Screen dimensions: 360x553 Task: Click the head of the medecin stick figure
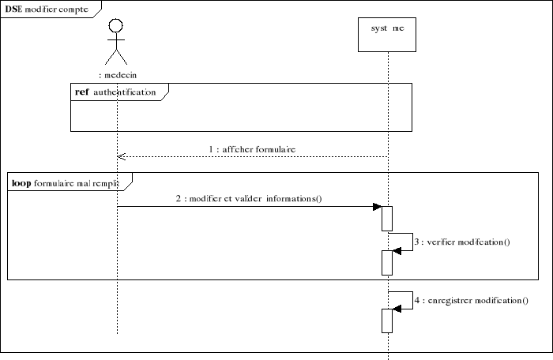click(116, 24)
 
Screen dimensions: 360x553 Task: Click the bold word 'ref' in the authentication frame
click(81, 92)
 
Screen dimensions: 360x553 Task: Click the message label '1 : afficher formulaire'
click(252, 148)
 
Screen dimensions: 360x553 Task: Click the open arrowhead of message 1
click(121, 156)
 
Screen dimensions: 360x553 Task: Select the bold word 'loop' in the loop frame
click(21, 182)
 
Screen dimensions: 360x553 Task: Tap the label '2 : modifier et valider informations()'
click(249, 199)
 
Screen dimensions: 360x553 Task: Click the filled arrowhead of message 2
click(378, 207)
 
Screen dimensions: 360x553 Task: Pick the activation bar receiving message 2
click(387, 218)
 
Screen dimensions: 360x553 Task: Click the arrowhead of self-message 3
click(397, 249)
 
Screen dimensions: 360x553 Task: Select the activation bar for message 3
click(387, 261)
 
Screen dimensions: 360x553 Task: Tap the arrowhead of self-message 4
click(397, 309)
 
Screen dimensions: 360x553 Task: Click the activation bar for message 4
click(387, 320)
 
